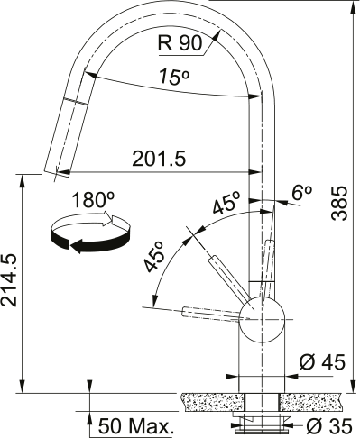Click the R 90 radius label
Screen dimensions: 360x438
[x=180, y=43]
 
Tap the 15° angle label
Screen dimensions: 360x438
[x=174, y=77]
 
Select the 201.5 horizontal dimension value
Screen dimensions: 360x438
[x=159, y=159]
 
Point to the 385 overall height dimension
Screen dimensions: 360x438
[x=339, y=203]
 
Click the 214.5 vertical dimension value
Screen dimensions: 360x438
[x=9, y=280]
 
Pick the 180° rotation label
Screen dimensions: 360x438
[x=94, y=200]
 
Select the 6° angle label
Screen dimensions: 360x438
[x=302, y=193]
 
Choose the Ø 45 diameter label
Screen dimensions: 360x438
[x=322, y=362]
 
